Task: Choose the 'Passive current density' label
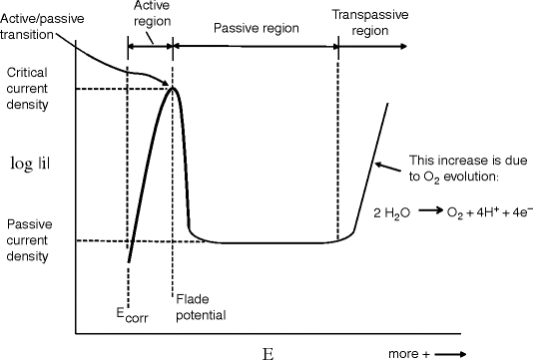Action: [x=35, y=240]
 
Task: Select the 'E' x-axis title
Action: [x=266, y=352]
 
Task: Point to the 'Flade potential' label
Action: [x=200, y=307]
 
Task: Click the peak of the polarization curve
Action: [x=174, y=89]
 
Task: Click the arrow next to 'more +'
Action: [x=449, y=352]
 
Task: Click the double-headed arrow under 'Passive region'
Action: [x=257, y=46]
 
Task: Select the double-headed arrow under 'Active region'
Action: [x=151, y=46]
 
